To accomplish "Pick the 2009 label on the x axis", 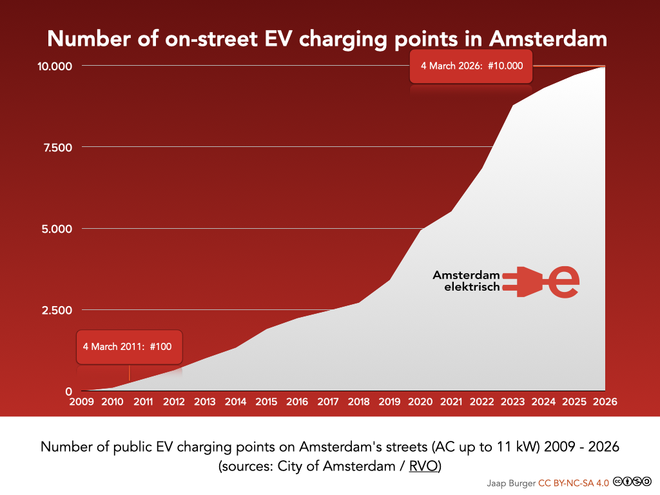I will (81, 402).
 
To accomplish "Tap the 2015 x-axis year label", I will (266, 402).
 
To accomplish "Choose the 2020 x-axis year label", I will (420, 402).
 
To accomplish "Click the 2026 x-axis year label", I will (605, 402).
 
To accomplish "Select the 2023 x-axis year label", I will (512, 402).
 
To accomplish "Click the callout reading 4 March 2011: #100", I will (130, 347).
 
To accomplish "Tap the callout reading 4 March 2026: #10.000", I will (471, 66).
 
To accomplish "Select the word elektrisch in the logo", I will (472, 287).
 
